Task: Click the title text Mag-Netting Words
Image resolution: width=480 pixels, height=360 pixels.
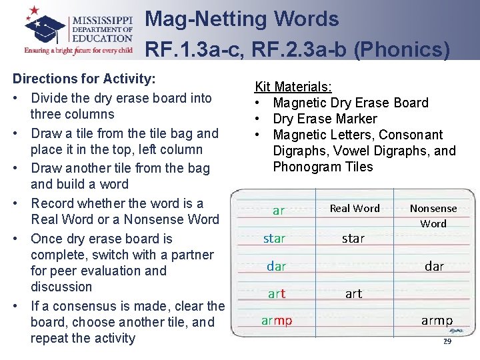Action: [x=242, y=19]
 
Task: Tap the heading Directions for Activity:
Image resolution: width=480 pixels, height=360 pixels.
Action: [x=84, y=79]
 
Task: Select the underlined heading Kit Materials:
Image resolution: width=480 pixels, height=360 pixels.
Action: [x=294, y=87]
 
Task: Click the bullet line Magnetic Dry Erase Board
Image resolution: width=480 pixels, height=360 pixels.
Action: [x=350, y=103]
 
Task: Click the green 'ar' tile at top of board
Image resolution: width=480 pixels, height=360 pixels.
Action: [x=279, y=211]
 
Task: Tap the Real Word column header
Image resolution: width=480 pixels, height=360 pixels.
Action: [x=355, y=209]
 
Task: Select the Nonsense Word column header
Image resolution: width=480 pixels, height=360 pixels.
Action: [x=433, y=215]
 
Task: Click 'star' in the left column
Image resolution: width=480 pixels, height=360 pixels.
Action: [x=274, y=238]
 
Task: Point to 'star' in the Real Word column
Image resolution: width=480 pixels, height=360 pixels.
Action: [x=353, y=238]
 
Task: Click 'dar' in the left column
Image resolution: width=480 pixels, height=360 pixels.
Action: [x=276, y=266]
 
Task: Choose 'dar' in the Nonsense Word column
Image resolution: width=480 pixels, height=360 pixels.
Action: [x=434, y=266]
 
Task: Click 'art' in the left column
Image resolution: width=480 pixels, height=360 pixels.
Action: [x=277, y=293]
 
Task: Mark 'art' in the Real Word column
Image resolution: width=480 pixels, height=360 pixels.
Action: [x=353, y=293]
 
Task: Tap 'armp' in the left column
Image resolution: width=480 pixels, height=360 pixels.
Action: [x=277, y=321]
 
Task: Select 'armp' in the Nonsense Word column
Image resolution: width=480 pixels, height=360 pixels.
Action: [x=437, y=321]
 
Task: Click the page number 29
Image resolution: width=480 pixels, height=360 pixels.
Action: [x=447, y=341]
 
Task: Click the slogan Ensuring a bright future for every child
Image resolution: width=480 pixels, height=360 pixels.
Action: [x=79, y=49]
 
